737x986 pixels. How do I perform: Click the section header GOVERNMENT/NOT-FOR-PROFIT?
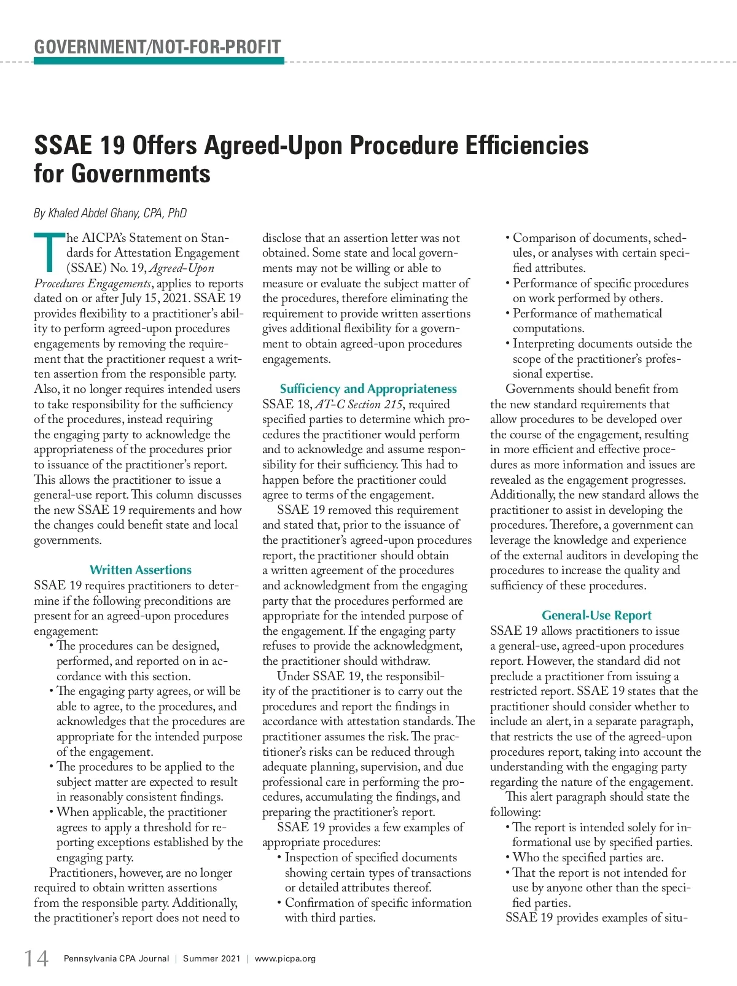click(157, 47)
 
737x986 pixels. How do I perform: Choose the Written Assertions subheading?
click(141, 570)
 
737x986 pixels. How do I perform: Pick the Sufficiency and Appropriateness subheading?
click(368, 389)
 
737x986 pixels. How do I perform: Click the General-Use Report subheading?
click(596, 615)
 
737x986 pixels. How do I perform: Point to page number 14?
click(36, 958)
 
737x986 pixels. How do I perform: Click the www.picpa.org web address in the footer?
click(285, 958)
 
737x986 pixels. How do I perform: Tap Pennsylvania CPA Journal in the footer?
click(116, 958)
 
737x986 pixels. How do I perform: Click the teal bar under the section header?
click(159, 61)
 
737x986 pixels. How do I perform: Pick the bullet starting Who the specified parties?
click(587, 858)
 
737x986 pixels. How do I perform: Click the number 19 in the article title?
click(111, 146)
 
